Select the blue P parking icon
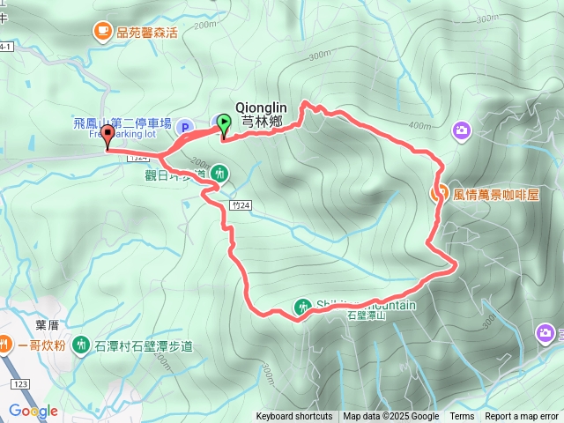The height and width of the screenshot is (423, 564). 185,127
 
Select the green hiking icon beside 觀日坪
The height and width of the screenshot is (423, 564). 220,174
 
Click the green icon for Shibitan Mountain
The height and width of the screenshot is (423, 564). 301,307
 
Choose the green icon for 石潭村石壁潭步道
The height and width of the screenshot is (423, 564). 82,343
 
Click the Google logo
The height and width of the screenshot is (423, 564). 33,411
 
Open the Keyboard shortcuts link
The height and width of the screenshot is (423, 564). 294,417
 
